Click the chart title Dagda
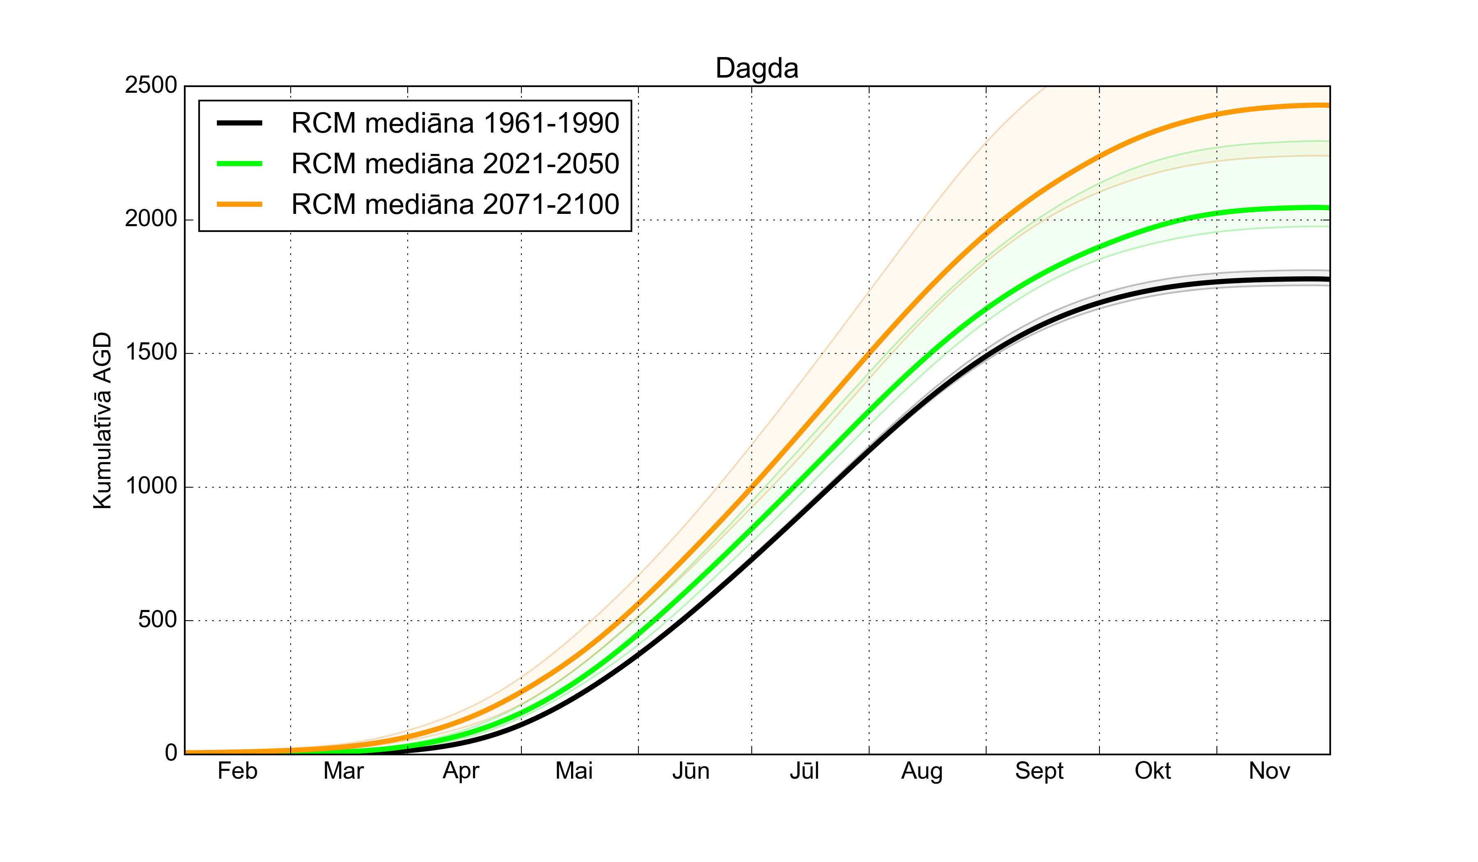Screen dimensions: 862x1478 click(x=757, y=69)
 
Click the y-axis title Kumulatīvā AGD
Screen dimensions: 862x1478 click(x=103, y=420)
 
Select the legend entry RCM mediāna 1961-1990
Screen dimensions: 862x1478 click(x=455, y=123)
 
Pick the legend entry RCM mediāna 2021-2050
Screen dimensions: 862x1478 click(x=455, y=164)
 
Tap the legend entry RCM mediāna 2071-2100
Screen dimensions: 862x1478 click(x=455, y=204)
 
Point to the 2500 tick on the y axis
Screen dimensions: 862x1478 click(x=151, y=86)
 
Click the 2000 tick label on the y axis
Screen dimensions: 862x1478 click(x=151, y=219)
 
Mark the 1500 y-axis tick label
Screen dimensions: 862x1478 click(x=151, y=353)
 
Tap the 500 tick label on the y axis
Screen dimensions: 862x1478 click(x=157, y=620)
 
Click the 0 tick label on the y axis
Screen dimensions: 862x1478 click(x=171, y=753)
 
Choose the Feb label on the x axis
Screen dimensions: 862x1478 click(x=238, y=771)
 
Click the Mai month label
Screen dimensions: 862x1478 click(x=574, y=771)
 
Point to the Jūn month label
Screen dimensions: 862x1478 click(x=691, y=771)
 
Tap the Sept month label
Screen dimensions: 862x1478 click(x=1039, y=772)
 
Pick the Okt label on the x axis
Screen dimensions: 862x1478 click(x=1152, y=771)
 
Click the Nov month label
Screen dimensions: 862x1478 click(x=1269, y=771)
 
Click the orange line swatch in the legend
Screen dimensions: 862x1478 click(x=239, y=204)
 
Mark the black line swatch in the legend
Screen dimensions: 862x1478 click(x=239, y=123)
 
